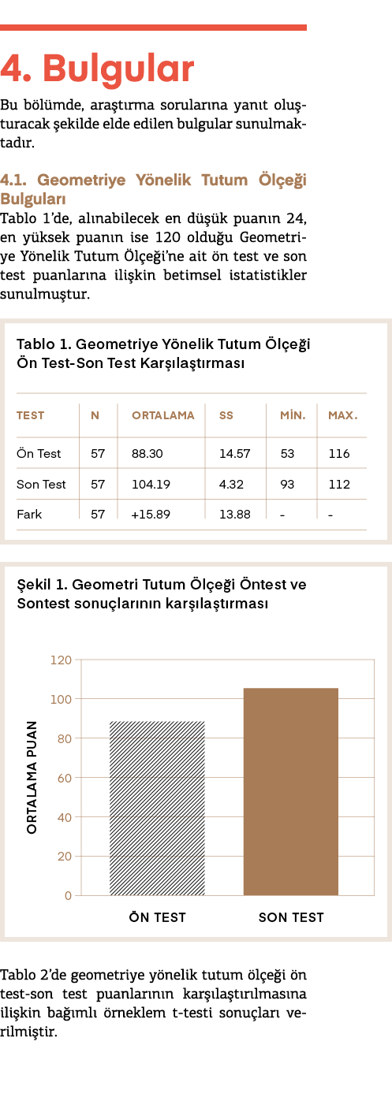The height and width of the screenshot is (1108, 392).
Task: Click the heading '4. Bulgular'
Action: (x=97, y=69)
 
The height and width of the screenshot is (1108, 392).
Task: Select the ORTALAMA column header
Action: (x=162, y=415)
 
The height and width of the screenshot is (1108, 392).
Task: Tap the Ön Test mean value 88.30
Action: (x=147, y=454)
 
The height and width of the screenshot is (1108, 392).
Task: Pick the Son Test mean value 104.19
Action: (x=151, y=484)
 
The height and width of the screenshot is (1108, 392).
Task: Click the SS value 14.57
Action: (x=234, y=454)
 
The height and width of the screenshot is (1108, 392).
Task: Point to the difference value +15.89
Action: (x=151, y=515)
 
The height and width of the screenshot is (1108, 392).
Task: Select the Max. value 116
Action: (x=339, y=454)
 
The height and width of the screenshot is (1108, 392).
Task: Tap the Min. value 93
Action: (x=287, y=484)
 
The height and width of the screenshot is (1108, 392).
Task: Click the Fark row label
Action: (x=29, y=515)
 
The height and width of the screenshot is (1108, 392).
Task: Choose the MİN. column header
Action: (x=293, y=415)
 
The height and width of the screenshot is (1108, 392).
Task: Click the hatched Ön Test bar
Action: (x=157, y=809)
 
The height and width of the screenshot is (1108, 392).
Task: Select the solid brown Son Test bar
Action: (x=291, y=791)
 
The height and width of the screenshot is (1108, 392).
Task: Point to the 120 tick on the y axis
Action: (x=61, y=660)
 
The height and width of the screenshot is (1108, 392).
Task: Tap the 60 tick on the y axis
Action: (x=65, y=778)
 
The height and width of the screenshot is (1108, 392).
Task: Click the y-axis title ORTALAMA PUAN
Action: (x=32, y=777)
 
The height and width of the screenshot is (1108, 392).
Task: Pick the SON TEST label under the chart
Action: (x=291, y=917)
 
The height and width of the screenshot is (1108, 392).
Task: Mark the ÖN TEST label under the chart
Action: (x=158, y=917)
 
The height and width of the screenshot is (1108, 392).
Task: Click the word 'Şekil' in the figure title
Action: (x=34, y=586)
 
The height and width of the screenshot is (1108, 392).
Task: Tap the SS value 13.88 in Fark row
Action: (x=234, y=515)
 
